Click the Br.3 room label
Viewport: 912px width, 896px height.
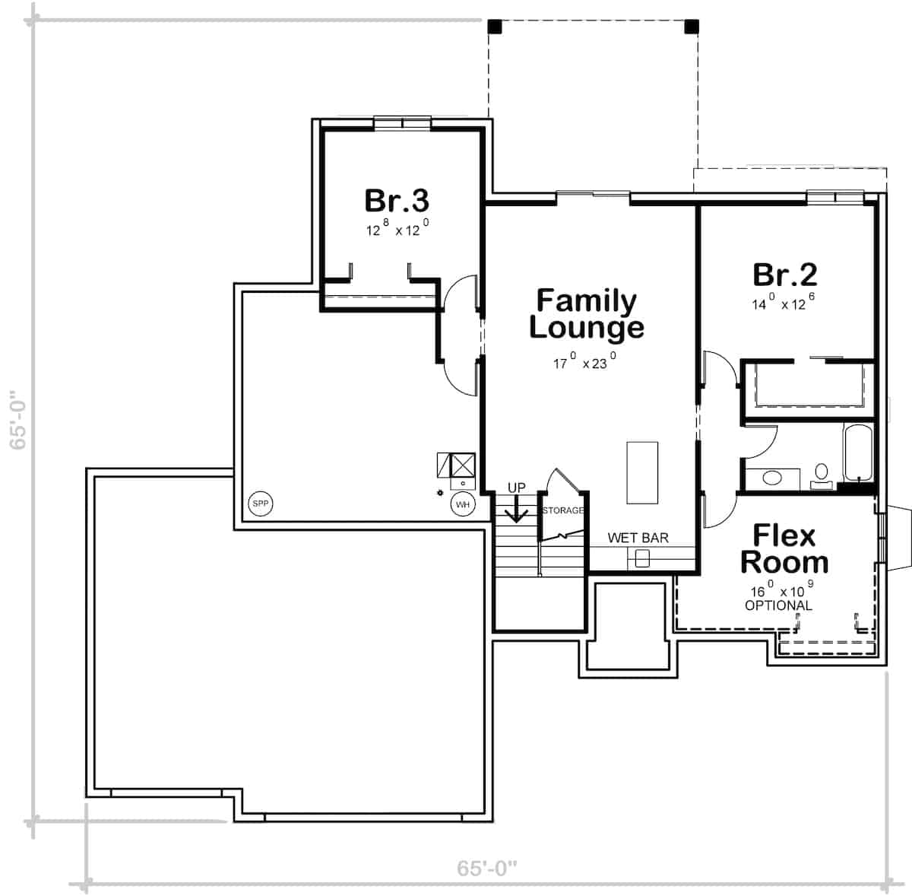[x=397, y=201]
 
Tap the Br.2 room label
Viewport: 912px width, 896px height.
[x=784, y=275]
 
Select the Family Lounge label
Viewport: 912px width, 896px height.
[x=586, y=313]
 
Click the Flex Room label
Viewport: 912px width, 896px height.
[x=784, y=548]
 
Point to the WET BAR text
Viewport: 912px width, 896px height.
[x=638, y=538]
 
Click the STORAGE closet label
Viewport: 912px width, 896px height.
[x=562, y=510]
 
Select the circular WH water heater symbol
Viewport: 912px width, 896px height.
[x=463, y=504]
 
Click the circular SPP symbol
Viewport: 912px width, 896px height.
[x=261, y=504]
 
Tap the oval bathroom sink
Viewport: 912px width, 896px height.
[x=772, y=478]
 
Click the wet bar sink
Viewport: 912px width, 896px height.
[x=642, y=559]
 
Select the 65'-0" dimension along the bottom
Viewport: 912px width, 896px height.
[x=487, y=868]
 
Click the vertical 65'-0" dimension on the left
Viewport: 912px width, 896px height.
[x=18, y=421]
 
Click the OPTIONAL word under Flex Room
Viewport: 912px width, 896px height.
[x=778, y=605]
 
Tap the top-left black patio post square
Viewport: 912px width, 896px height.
[x=495, y=27]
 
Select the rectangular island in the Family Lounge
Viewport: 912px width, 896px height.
[x=642, y=472]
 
